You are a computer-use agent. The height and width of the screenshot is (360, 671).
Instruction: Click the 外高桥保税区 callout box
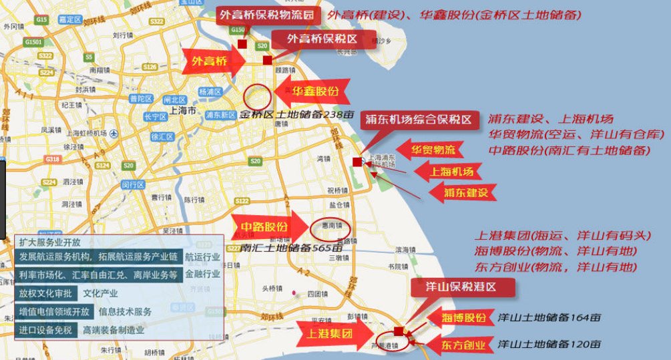click(x=322, y=39)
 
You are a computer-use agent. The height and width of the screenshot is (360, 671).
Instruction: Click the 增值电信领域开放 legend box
click(x=55, y=311)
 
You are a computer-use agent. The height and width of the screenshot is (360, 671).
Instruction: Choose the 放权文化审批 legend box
click(x=45, y=293)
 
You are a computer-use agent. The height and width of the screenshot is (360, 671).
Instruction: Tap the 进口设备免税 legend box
click(x=45, y=330)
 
